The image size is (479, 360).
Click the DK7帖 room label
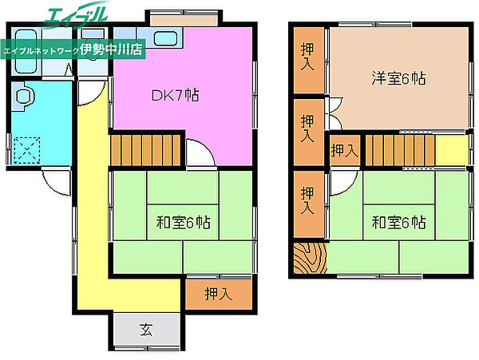click(176, 95)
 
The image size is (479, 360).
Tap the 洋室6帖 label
click(398, 78)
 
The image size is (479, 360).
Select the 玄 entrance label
click(146, 330)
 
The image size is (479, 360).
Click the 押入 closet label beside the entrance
click(219, 294)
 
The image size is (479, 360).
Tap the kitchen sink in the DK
click(165, 38)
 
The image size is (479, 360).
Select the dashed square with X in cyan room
click(26, 149)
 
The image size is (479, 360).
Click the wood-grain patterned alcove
click(310, 258)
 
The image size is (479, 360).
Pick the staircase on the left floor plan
click(146, 150)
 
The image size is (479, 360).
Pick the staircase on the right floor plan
click(400, 150)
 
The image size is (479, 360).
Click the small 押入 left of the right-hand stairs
click(344, 150)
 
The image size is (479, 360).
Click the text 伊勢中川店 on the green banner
click(111, 49)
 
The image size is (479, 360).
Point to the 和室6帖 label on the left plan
click(183, 222)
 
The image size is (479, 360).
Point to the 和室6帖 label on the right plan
click(398, 222)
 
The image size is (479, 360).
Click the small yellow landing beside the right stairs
click(452, 150)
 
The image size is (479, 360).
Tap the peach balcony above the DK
click(184, 21)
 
